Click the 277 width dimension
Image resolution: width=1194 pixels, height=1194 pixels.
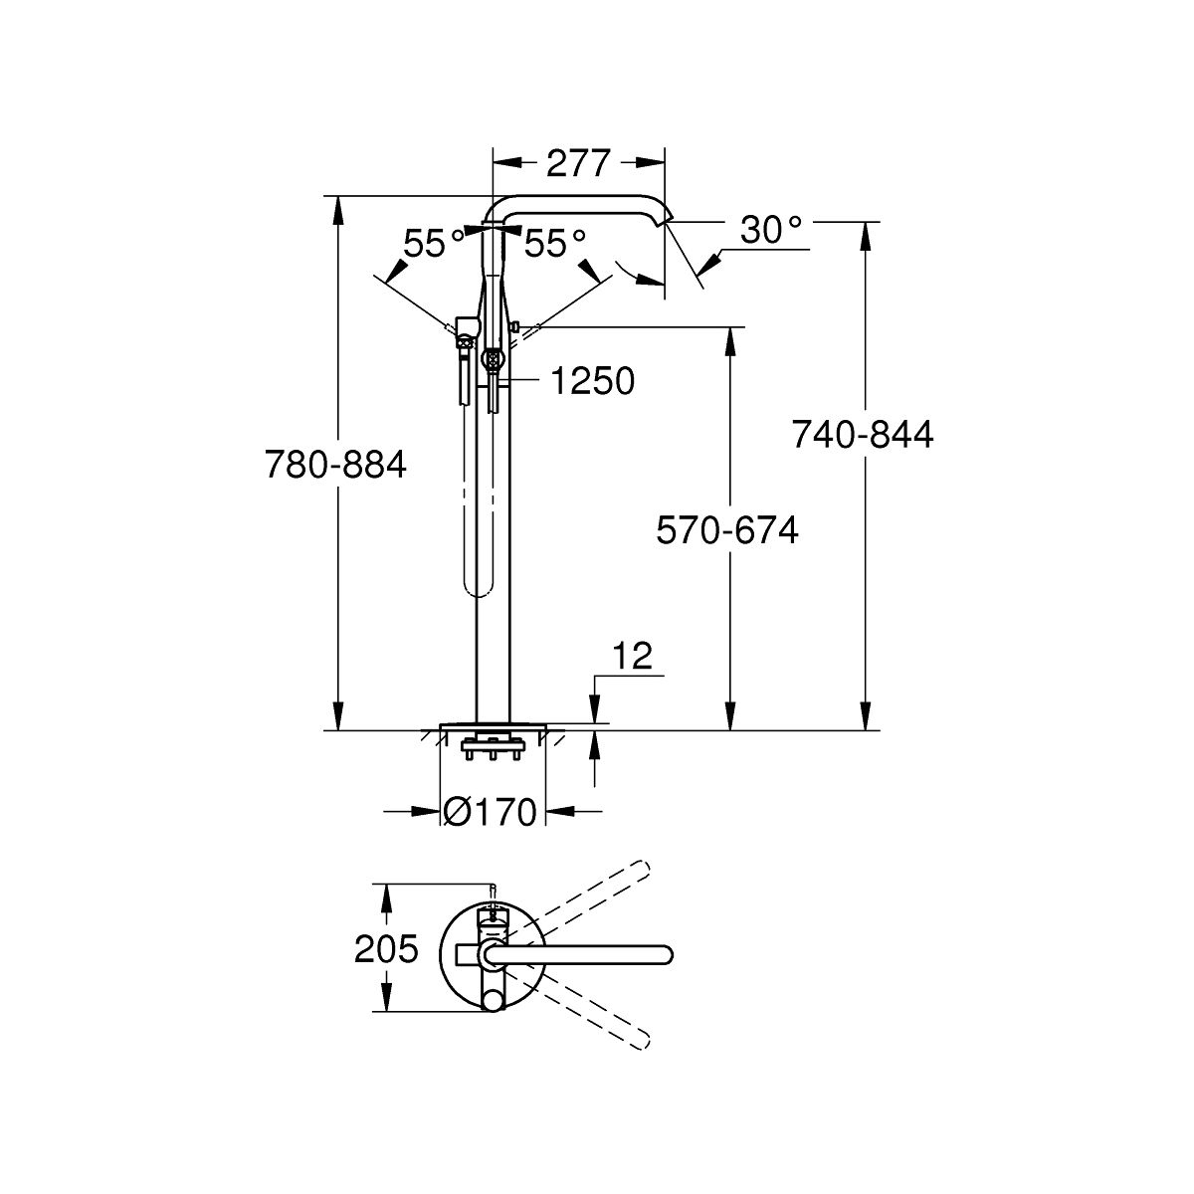[578, 163]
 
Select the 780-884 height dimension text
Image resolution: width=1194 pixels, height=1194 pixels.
[335, 464]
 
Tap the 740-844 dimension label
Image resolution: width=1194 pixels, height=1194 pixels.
[863, 434]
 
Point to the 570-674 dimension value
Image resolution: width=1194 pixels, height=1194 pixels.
[727, 530]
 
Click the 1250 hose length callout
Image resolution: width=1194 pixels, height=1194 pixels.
[593, 380]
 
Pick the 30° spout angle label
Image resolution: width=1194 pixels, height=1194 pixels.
[771, 230]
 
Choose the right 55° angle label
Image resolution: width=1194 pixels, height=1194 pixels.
[554, 244]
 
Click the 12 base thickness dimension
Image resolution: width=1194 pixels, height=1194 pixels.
[633, 656]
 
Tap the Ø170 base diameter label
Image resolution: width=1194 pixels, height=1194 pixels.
[491, 811]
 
